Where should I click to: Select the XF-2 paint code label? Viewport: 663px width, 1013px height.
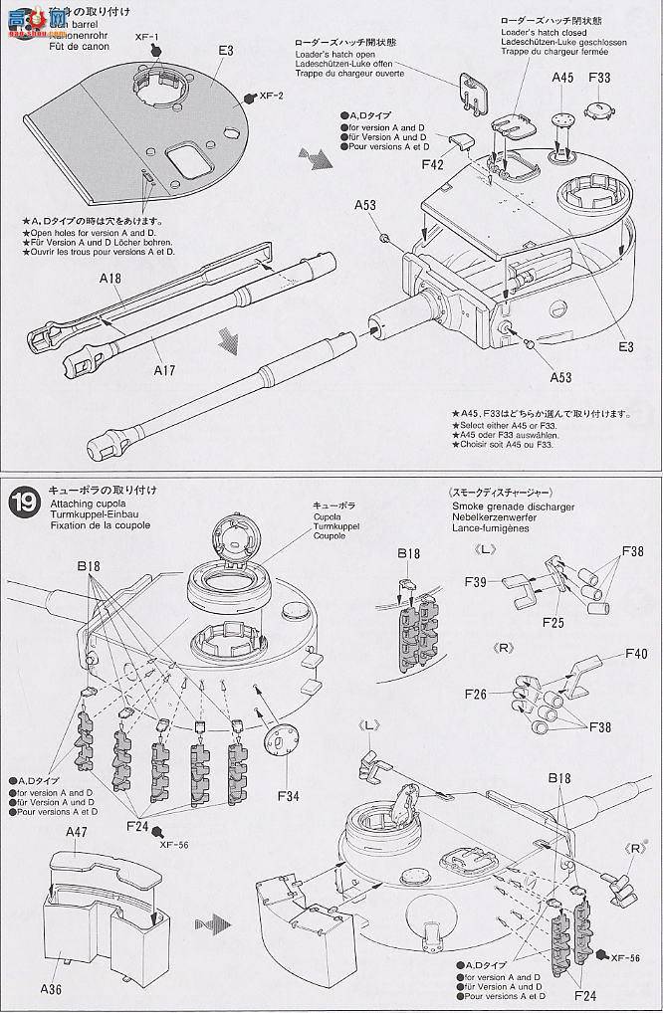[271, 97]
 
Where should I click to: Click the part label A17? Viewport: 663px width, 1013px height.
[164, 370]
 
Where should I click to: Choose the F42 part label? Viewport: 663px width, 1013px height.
[432, 164]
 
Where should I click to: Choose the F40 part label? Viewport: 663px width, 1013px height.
[636, 654]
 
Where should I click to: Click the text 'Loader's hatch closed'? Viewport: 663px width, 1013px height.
[527, 32]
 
